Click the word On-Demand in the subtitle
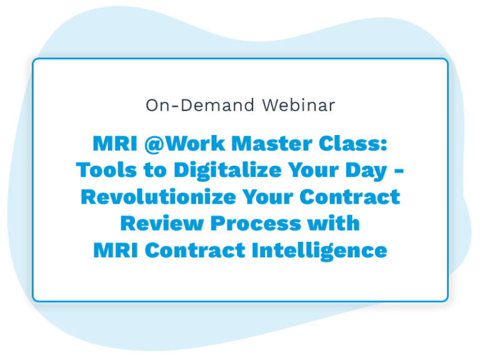[x=200, y=105]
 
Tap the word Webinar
[x=299, y=105]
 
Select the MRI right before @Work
[x=115, y=143]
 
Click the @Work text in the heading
[x=185, y=144]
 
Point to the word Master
[x=272, y=143]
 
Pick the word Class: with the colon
[x=353, y=143]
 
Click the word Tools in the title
[x=106, y=170]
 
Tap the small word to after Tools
[x=155, y=171]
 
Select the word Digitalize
[x=227, y=171]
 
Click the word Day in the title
[x=366, y=171]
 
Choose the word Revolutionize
[x=158, y=197]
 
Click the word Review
[x=162, y=224]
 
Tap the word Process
[x=256, y=224]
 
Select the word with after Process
[x=334, y=223]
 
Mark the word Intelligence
[x=319, y=251]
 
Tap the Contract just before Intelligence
[x=195, y=251]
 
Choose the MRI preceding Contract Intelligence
[x=116, y=251]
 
